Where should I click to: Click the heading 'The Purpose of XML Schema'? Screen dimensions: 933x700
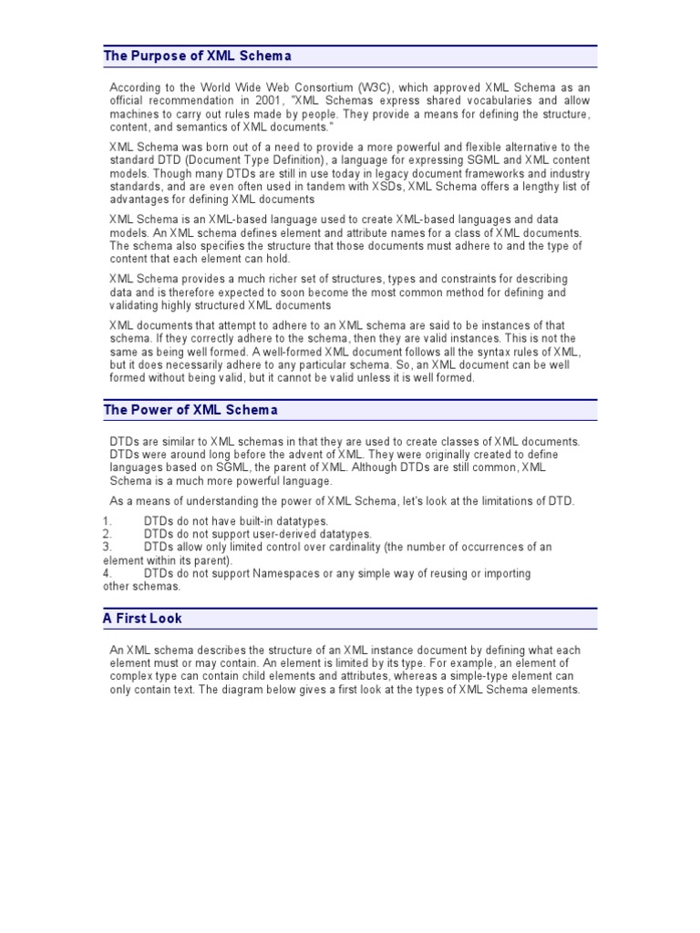[x=197, y=56]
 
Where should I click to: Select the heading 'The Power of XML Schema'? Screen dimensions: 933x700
[x=190, y=410]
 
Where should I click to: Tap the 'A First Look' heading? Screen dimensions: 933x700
[x=142, y=619]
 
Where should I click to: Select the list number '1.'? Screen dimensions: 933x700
[x=107, y=520]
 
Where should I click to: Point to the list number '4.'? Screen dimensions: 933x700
[x=107, y=574]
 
